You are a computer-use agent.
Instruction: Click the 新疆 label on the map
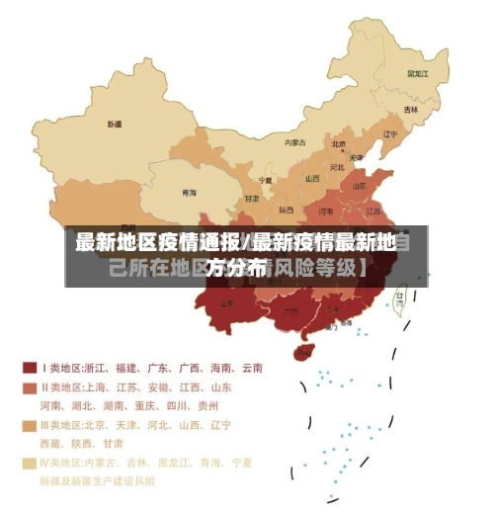[115, 125]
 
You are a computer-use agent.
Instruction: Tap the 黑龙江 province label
[417, 73]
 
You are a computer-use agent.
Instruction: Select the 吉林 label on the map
[410, 109]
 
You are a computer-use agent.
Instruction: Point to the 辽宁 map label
[389, 134]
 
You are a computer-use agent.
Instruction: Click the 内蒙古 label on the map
[295, 142]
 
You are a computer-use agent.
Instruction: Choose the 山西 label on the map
[312, 179]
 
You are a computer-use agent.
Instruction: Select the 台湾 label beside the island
[399, 295]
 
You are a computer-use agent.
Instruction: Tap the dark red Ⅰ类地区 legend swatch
[30, 368]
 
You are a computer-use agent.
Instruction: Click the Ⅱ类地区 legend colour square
[30, 387]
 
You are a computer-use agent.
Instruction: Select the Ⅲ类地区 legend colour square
[30, 425]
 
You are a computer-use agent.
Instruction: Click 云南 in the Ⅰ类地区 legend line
[251, 368]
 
